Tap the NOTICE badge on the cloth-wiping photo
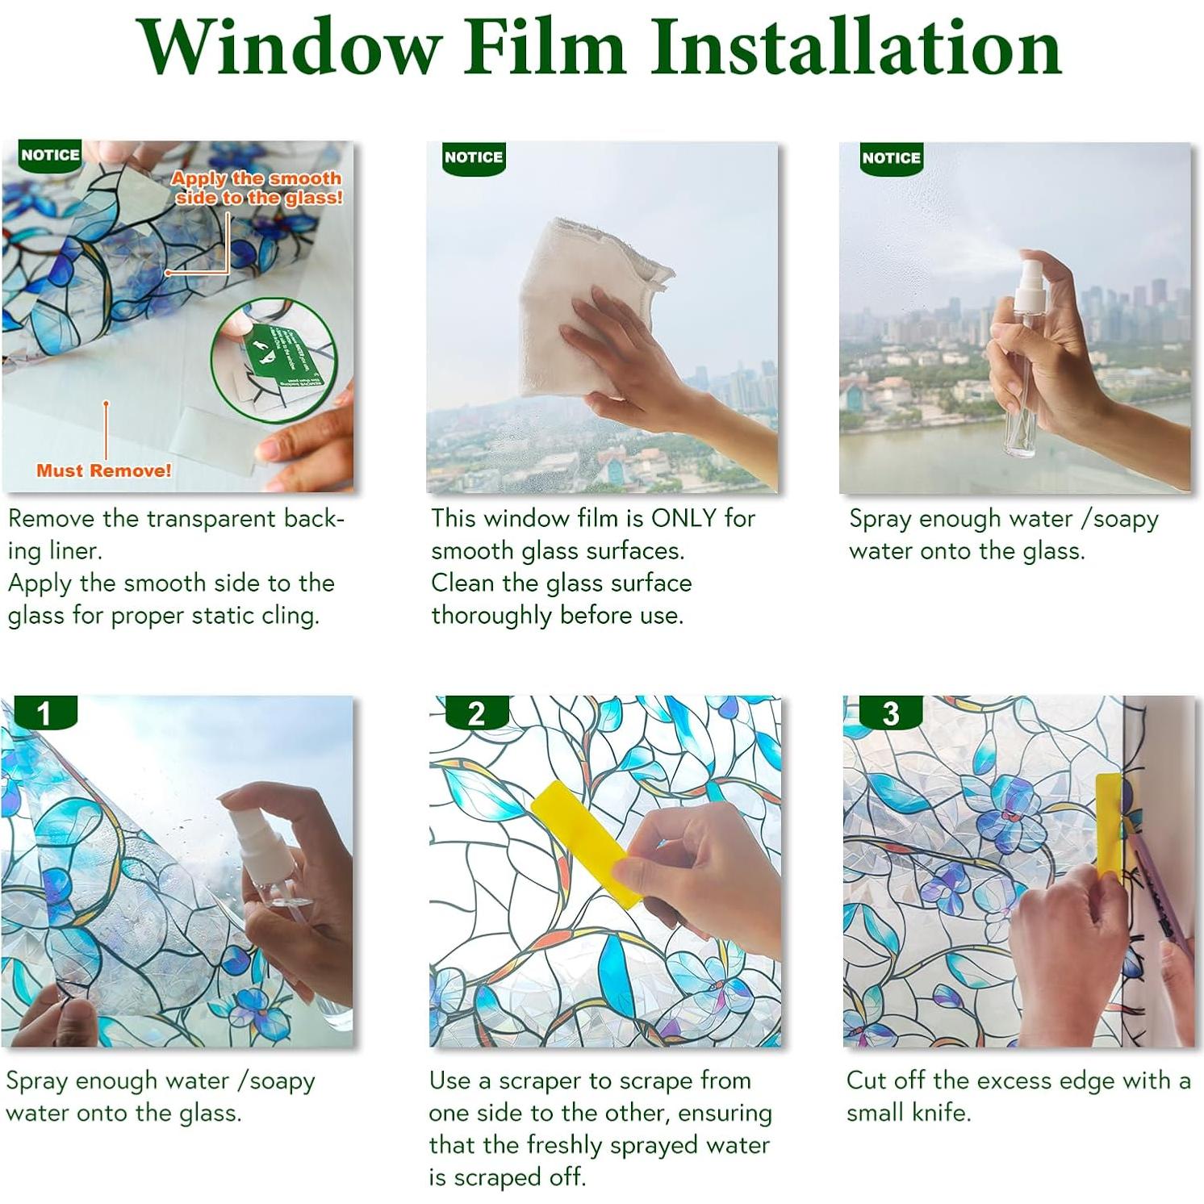473,157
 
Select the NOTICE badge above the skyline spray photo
891,158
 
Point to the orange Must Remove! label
103,470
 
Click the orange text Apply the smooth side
257,187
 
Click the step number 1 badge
44,713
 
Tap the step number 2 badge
476,713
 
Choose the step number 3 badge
890,713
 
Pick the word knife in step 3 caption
940,1113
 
